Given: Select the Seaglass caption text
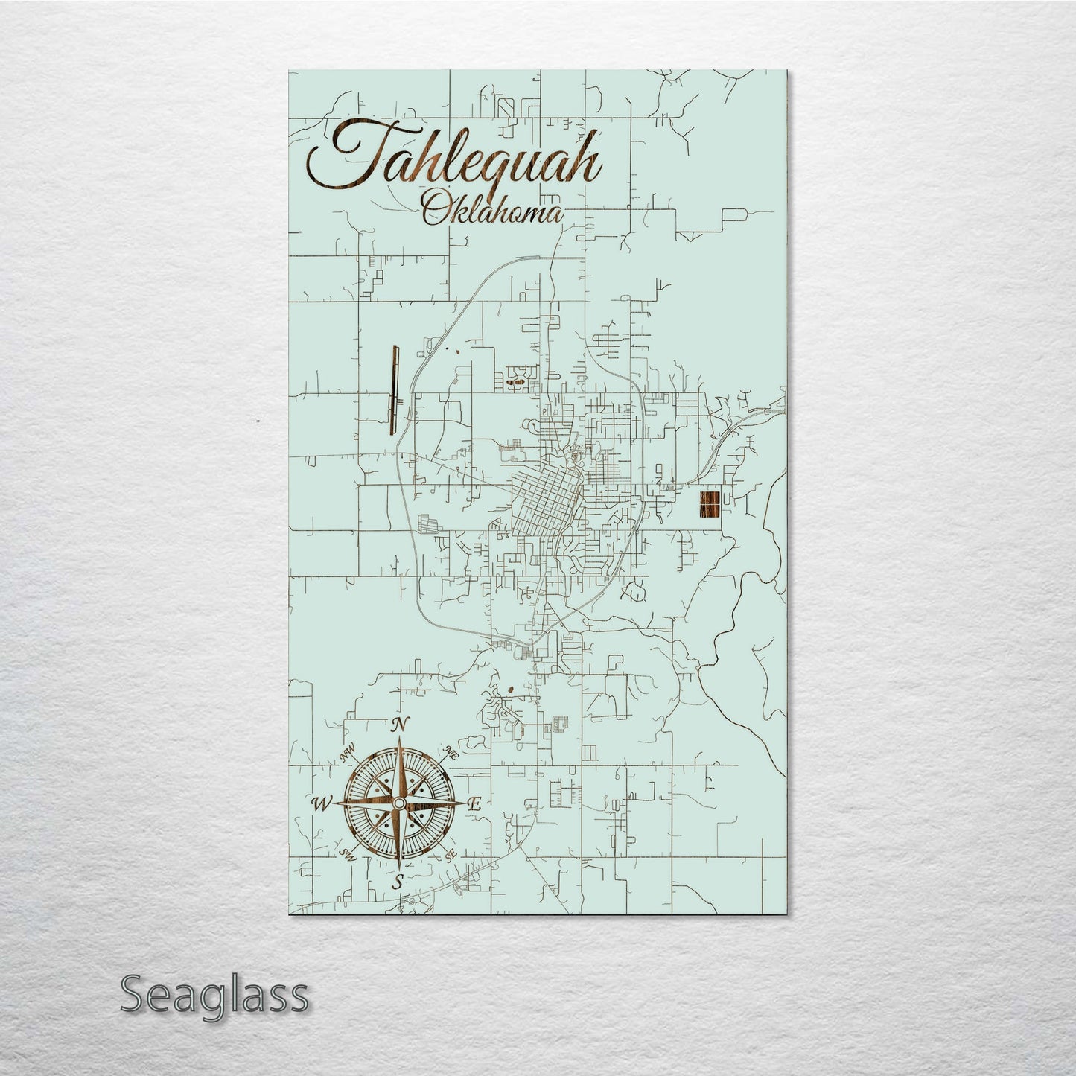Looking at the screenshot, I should (214, 995).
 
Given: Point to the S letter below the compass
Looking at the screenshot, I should (398, 882).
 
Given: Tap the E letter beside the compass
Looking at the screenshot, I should (476, 804).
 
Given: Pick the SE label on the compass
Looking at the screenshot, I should (451, 857).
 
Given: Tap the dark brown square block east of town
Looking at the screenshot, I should (710, 504).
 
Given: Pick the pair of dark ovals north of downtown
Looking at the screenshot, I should (515, 381).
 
